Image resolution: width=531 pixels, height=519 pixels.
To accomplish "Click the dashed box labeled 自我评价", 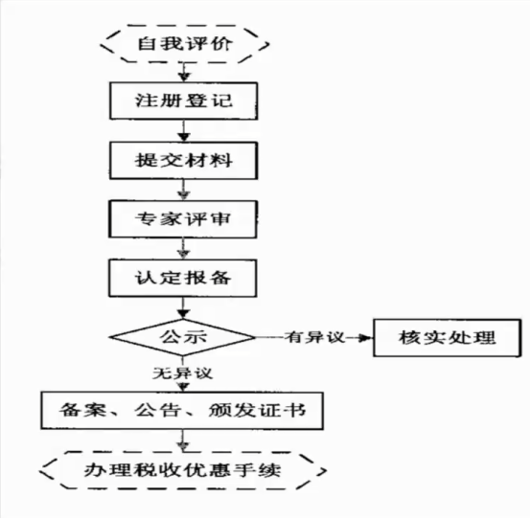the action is pos(185,44).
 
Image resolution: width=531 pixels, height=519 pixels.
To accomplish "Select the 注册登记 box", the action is pos(183,101).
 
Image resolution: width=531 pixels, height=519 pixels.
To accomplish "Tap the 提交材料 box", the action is pos(183,160).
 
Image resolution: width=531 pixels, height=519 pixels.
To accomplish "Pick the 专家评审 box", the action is pos(183,219).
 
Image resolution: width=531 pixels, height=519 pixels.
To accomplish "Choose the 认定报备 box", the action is pos(183,278).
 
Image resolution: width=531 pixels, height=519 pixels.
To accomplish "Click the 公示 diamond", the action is pos(183,337).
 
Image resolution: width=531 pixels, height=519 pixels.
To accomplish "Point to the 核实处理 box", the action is pos(448,338).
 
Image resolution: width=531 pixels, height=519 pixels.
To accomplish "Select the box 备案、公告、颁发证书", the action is pos(182,411).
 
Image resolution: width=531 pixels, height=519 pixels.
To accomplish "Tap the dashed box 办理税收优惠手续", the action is pos(183,470).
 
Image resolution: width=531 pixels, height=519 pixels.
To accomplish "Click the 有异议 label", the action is pos(314,337).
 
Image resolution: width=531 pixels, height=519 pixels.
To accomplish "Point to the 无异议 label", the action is pos(182,373).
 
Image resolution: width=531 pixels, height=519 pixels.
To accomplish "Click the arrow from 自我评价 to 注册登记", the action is pos(184,72).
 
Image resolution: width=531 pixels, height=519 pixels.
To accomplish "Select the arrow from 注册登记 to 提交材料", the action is pos(184,131).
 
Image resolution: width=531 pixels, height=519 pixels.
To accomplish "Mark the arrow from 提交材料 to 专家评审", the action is pos(183,190).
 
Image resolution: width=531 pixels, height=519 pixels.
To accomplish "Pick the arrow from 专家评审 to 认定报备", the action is pos(183,249).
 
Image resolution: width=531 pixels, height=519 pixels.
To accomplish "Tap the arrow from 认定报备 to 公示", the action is pos(183,308).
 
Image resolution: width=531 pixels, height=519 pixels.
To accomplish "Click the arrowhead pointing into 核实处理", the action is pos(366,338).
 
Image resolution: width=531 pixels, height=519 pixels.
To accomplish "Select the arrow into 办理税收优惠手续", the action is pos(183,440).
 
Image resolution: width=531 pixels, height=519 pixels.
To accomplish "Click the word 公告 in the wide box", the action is pos(157,411).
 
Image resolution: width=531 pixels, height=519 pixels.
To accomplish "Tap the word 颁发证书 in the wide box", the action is pos(258,411).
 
